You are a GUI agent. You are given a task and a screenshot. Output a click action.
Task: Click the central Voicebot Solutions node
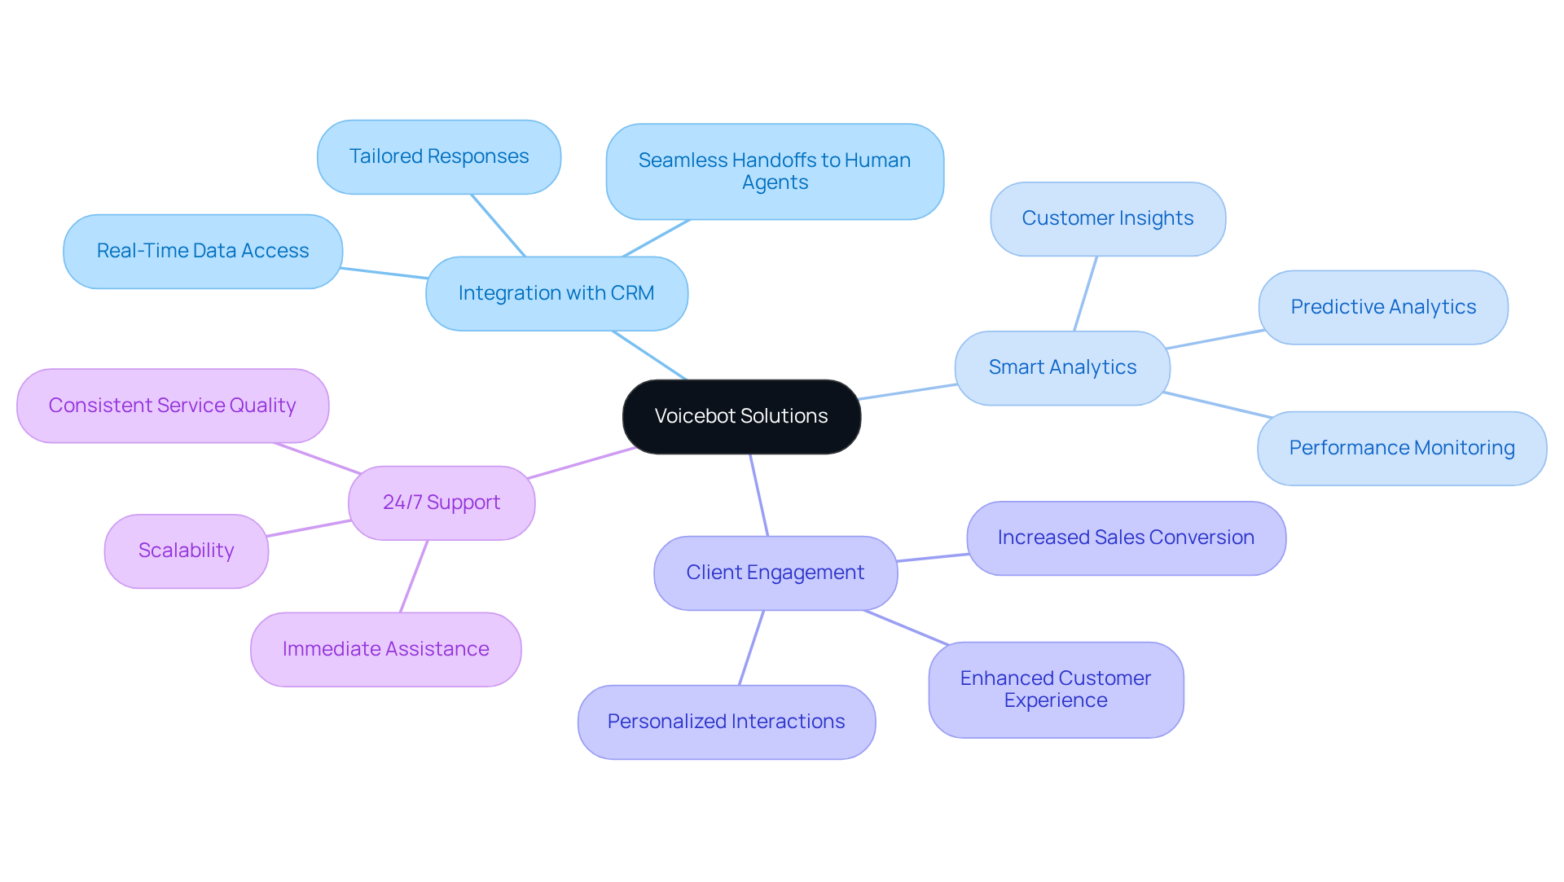(x=741, y=416)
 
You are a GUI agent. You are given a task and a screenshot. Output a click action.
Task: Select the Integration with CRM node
(x=556, y=293)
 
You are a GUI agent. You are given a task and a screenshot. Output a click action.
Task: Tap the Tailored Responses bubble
(x=439, y=156)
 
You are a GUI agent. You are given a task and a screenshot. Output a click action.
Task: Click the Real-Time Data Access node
(x=203, y=251)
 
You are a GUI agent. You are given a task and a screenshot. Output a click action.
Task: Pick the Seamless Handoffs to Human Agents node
(x=775, y=171)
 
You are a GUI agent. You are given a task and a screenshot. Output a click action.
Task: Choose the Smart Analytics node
(x=1062, y=367)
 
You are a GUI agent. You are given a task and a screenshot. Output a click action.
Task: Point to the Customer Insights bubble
(x=1108, y=218)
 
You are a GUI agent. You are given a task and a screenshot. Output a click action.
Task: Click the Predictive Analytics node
(x=1383, y=307)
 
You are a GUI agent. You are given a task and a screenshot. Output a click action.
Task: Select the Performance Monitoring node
(x=1401, y=448)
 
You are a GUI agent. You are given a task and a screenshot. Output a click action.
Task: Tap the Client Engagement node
(x=775, y=573)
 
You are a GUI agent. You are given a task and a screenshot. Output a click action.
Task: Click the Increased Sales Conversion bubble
(x=1126, y=538)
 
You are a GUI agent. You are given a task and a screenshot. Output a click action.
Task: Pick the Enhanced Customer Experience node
(x=1056, y=689)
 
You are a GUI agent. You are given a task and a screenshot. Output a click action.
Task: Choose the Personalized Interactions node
(x=727, y=722)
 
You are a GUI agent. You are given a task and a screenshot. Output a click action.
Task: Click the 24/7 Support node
(x=442, y=502)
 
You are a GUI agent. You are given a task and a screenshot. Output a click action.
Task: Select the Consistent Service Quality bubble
(x=173, y=406)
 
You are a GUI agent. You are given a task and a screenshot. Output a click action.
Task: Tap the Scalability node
(x=187, y=551)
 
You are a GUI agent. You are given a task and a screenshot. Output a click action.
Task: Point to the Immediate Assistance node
(x=386, y=649)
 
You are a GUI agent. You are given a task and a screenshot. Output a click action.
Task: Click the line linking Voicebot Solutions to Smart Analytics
(x=907, y=392)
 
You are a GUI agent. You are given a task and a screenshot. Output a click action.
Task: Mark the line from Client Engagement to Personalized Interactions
(x=751, y=648)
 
